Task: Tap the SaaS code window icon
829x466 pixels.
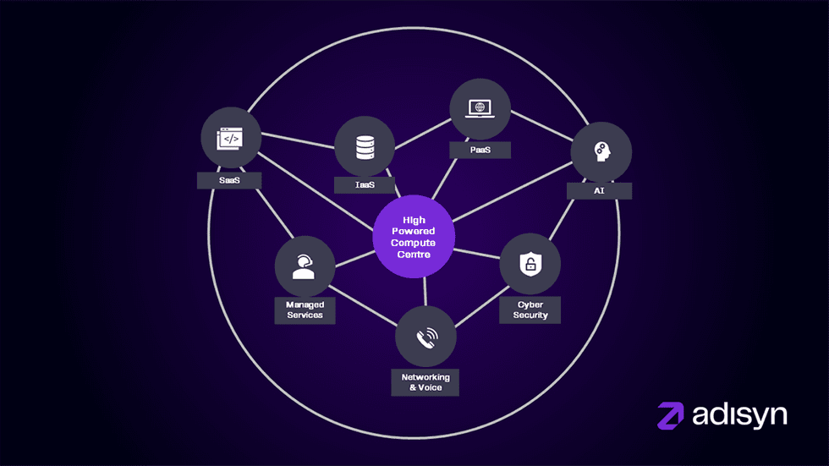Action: (x=231, y=138)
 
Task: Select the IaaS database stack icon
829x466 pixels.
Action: (x=365, y=146)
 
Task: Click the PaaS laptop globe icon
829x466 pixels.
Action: (x=480, y=108)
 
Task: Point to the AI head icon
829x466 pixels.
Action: (x=601, y=152)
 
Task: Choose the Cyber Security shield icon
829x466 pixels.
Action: (x=530, y=264)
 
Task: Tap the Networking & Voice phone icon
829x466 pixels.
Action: (x=425, y=337)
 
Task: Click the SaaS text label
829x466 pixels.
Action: (x=228, y=180)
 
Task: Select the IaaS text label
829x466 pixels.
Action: (x=365, y=184)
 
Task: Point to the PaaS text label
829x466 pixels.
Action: (x=480, y=150)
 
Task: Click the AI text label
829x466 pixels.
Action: (x=599, y=191)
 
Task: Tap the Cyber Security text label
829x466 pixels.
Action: (x=530, y=310)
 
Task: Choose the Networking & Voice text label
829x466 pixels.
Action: (x=424, y=381)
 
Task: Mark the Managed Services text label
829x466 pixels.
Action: (x=305, y=310)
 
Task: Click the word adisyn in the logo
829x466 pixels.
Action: (x=738, y=414)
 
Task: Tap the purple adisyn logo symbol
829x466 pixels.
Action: (x=672, y=415)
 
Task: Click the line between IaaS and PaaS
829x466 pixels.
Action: (x=422, y=129)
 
